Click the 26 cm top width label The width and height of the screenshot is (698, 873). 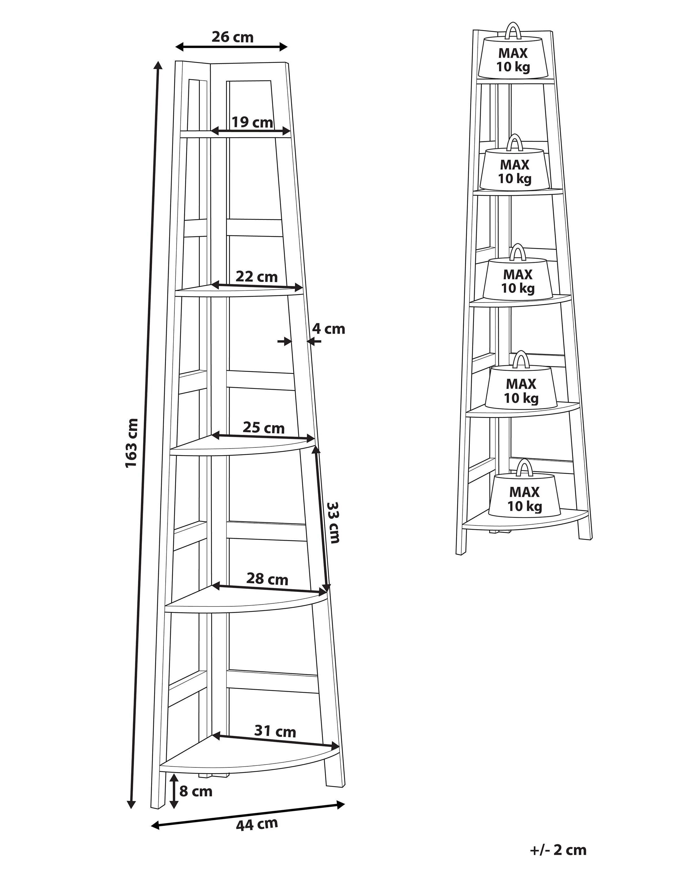tap(232, 37)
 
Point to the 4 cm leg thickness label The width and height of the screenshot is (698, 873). tap(328, 329)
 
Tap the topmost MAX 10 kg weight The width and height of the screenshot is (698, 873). tap(513, 59)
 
